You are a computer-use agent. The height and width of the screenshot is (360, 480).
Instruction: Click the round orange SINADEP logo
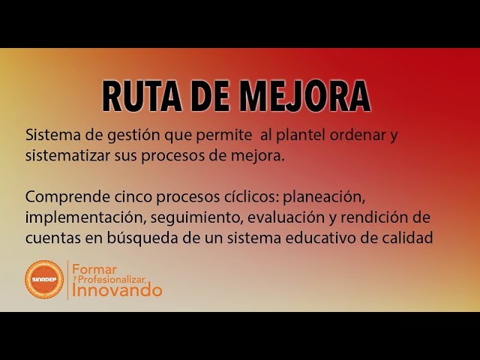[44, 280]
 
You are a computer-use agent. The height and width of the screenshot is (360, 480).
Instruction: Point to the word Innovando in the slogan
[118, 290]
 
